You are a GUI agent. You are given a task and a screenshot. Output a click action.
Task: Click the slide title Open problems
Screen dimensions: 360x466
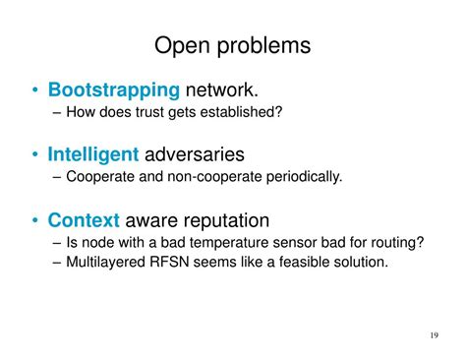pyautogui.click(x=233, y=45)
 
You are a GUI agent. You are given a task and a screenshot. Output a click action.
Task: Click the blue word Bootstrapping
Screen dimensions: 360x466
pyautogui.click(x=114, y=90)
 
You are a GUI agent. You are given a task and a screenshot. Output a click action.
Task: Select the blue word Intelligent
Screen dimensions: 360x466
pyautogui.click(x=93, y=154)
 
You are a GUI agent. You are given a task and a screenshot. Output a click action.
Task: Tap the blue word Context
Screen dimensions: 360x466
pyautogui.click(x=84, y=219)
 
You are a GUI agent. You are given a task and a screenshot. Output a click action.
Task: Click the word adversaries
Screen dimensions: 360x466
pyautogui.click(x=194, y=154)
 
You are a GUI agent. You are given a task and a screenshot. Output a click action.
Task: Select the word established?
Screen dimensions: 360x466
pyautogui.click(x=246, y=113)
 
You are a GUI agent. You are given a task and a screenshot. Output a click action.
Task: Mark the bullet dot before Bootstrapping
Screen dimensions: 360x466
pyautogui.click(x=36, y=91)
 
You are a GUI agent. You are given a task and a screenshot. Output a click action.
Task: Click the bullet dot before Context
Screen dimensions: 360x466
pyautogui.click(x=36, y=220)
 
